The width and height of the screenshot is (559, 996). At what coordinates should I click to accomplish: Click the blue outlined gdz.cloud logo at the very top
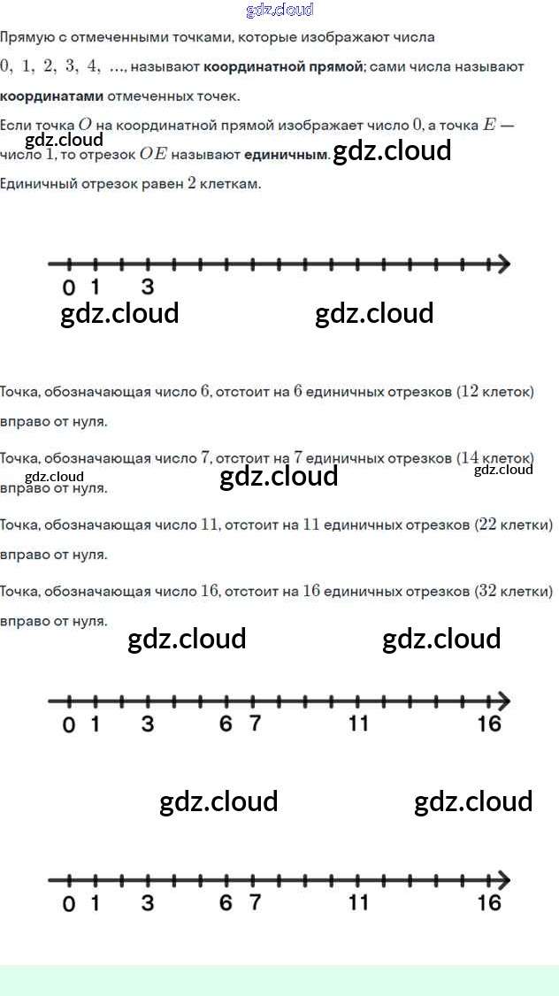point(279,10)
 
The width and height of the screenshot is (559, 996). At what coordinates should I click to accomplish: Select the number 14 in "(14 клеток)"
point(470,457)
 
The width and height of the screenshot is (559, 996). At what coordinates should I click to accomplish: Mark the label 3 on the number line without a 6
point(147,287)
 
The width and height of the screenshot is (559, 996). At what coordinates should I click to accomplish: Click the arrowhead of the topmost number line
point(503,264)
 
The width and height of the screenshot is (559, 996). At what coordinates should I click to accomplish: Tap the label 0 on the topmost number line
point(69,287)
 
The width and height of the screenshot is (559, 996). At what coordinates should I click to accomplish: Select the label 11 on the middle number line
point(357,724)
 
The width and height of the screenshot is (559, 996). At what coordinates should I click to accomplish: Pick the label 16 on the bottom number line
point(489,902)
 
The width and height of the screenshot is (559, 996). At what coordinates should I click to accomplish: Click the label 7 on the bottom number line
point(255,902)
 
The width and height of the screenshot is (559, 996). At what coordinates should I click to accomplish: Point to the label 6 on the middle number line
point(226,724)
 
